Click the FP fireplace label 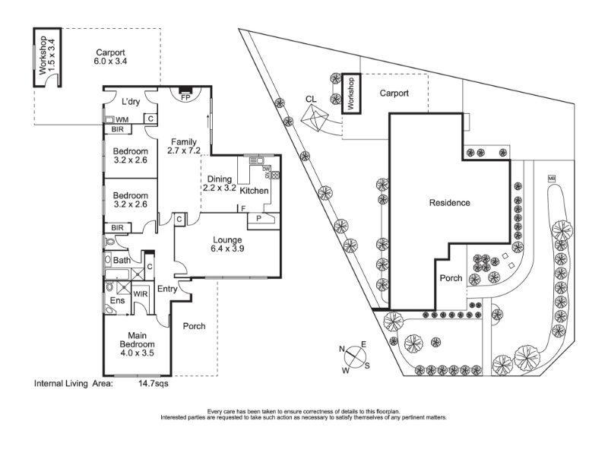[185, 97]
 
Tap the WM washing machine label [121, 119]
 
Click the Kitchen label [254, 190]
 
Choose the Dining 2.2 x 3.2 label [220, 182]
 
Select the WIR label [140, 293]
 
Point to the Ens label [118, 302]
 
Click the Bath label [122, 261]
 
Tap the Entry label [167, 289]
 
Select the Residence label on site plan [449, 203]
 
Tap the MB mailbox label [551, 179]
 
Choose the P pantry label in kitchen [259, 219]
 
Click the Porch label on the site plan [451, 278]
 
